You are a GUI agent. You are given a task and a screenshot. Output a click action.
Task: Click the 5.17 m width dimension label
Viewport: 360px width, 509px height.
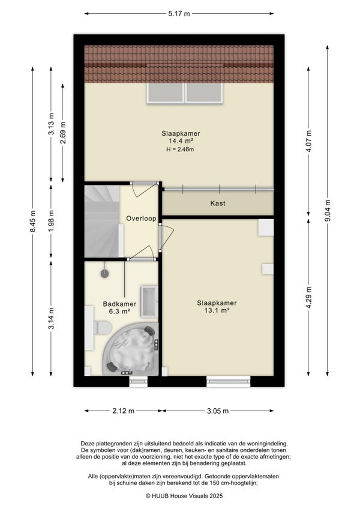(x=179, y=14)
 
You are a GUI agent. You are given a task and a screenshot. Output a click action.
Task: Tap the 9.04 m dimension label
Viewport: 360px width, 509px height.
(x=328, y=210)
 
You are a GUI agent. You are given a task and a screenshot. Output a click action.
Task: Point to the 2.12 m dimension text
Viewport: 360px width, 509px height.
(x=124, y=411)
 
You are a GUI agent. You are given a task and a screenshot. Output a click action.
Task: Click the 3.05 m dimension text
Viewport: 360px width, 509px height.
(x=218, y=411)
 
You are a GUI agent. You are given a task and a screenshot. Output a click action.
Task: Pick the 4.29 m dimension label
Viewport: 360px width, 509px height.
(x=309, y=298)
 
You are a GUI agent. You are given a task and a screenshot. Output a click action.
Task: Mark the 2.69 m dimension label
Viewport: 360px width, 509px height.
(x=63, y=133)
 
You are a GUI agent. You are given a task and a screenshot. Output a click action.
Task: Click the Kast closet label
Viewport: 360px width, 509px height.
(x=218, y=203)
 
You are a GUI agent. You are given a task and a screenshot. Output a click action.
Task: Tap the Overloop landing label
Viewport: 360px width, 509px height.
(x=141, y=218)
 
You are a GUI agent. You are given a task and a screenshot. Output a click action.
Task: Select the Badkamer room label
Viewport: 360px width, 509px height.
(x=119, y=304)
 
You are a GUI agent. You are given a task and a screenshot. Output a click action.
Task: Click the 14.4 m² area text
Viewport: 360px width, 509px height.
(x=181, y=141)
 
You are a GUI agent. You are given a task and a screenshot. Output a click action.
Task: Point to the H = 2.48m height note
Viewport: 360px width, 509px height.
(x=180, y=149)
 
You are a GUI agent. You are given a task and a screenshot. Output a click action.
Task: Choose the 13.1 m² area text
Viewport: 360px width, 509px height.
(x=217, y=310)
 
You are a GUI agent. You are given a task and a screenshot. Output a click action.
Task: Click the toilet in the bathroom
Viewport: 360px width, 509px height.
(x=103, y=328)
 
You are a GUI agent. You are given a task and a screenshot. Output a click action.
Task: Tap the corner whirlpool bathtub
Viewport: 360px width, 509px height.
(x=131, y=349)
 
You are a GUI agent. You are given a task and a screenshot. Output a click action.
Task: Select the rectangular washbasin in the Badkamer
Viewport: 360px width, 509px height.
(x=149, y=301)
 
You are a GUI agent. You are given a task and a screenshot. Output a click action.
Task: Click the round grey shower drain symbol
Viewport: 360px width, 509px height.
(x=104, y=274)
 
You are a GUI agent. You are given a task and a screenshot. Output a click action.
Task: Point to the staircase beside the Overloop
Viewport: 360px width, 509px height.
(x=102, y=221)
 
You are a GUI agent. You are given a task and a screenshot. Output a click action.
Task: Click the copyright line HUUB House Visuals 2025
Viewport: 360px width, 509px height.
(x=184, y=496)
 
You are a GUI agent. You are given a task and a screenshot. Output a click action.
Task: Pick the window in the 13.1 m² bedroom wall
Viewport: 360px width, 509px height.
(x=229, y=381)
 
